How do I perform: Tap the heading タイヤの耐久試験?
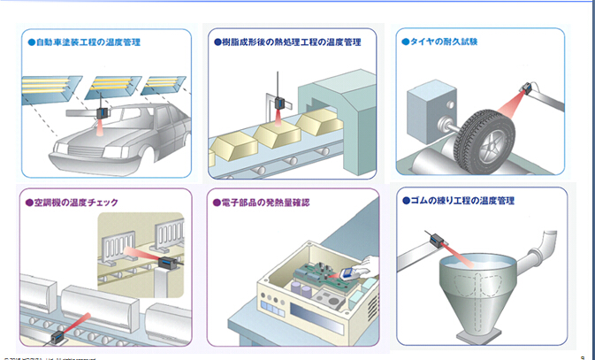point(444,42)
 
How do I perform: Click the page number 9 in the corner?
point(584,356)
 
